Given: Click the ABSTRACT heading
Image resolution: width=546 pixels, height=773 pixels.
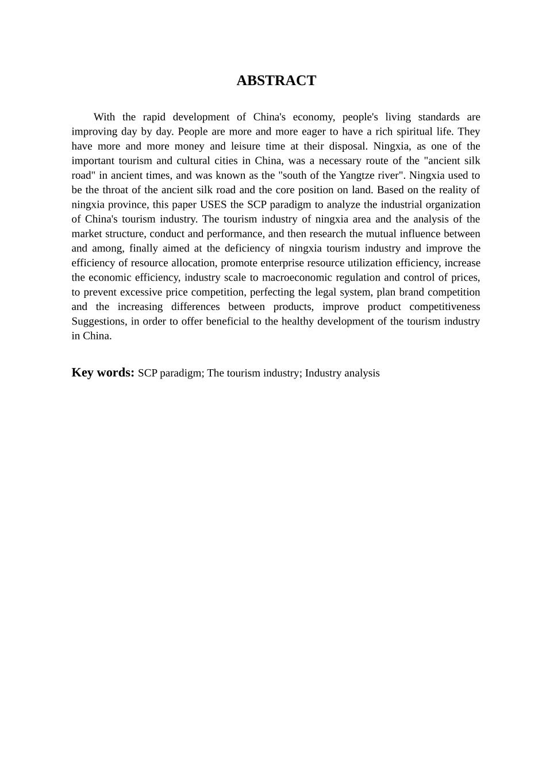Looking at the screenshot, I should point(276,81).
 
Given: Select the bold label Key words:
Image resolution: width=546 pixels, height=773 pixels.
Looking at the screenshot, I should point(103,373).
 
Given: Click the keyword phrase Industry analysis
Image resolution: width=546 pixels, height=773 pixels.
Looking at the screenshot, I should point(342,373).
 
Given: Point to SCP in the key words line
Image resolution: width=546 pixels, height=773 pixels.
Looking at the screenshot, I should point(148,373).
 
